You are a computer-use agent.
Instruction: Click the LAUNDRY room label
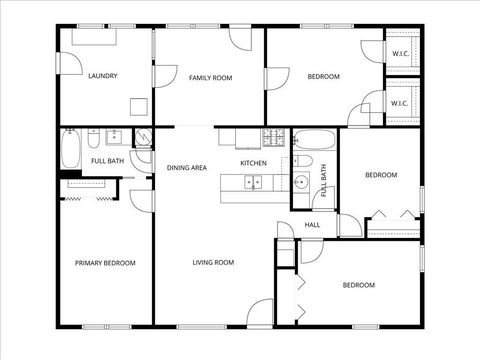click(x=103, y=76)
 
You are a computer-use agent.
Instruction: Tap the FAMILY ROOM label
click(x=211, y=77)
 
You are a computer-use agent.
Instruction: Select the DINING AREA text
click(x=187, y=167)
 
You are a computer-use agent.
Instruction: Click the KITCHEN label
click(x=253, y=163)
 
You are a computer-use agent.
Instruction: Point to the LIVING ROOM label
click(x=213, y=262)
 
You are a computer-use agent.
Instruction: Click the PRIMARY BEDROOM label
click(x=105, y=263)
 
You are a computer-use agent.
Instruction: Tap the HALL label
click(x=313, y=225)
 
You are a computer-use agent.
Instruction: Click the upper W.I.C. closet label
click(x=400, y=54)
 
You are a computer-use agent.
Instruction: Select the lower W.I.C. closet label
click(x=399, y=102)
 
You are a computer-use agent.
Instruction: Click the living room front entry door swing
click(x=260, y=311)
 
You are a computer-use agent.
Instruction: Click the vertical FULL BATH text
click(x=323, y=178)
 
